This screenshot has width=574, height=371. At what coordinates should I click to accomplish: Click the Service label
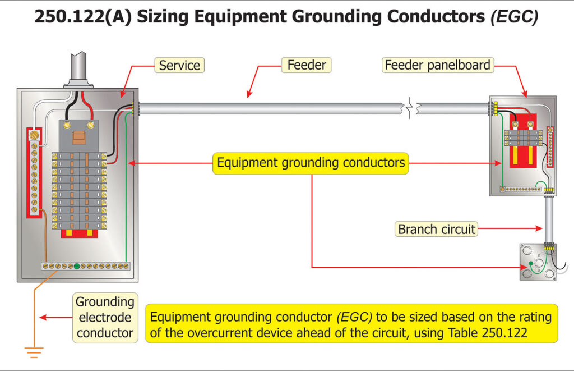coord(179,65)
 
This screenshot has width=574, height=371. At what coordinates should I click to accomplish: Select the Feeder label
coord(306,65)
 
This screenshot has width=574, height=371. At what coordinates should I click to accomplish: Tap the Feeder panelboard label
coord(437,65)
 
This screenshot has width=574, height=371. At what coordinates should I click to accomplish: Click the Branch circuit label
coord(437,229)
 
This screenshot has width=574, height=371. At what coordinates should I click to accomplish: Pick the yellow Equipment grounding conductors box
coord(311,163)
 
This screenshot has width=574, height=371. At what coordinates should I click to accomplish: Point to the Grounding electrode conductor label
coord(105,317)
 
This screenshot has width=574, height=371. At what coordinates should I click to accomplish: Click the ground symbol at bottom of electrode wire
coord(34,352)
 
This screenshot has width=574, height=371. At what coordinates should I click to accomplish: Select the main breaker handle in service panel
coord(79,137)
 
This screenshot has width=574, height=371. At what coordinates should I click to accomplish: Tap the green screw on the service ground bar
coord(77,265)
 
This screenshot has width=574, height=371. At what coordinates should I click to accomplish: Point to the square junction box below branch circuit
coord(538,262)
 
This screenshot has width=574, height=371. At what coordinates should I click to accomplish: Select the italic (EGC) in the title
coord(514,17)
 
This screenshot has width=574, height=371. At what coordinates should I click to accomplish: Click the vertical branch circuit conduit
coord(549,219)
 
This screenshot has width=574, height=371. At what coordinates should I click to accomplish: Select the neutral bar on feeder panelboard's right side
coord(550,152)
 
